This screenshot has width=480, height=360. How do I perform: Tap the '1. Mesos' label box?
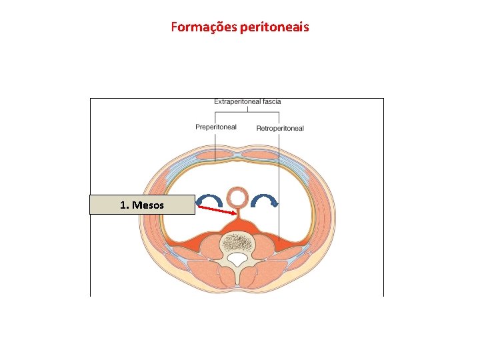coord(142,205)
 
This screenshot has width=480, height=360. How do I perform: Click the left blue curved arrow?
coord(211,201)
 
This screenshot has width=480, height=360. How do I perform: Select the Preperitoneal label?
coord(215,127)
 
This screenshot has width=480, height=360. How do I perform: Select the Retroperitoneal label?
coord(280,128)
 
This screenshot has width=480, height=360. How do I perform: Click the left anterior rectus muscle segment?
coord(215,156)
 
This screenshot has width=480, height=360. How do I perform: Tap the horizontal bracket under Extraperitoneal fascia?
coord(247,113)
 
